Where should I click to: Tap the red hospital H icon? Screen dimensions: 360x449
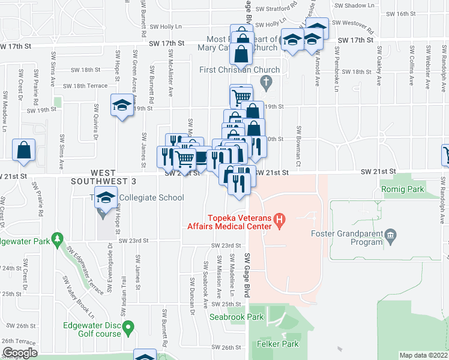pos(279,221)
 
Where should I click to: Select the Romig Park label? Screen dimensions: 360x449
pos(402,189)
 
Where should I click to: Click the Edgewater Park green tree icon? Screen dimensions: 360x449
pos(57,239)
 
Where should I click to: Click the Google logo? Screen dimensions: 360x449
pos(20,352)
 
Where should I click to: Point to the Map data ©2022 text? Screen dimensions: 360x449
pos(423,355)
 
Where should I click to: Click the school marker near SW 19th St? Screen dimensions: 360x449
pos(121,106)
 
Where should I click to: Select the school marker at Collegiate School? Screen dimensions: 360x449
pos(105,198)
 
